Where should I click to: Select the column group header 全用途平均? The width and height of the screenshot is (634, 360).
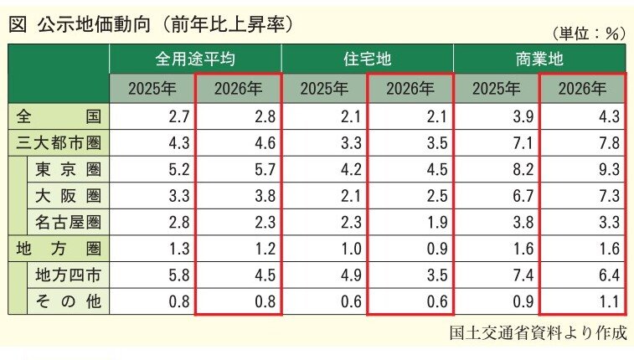coord(194,59)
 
